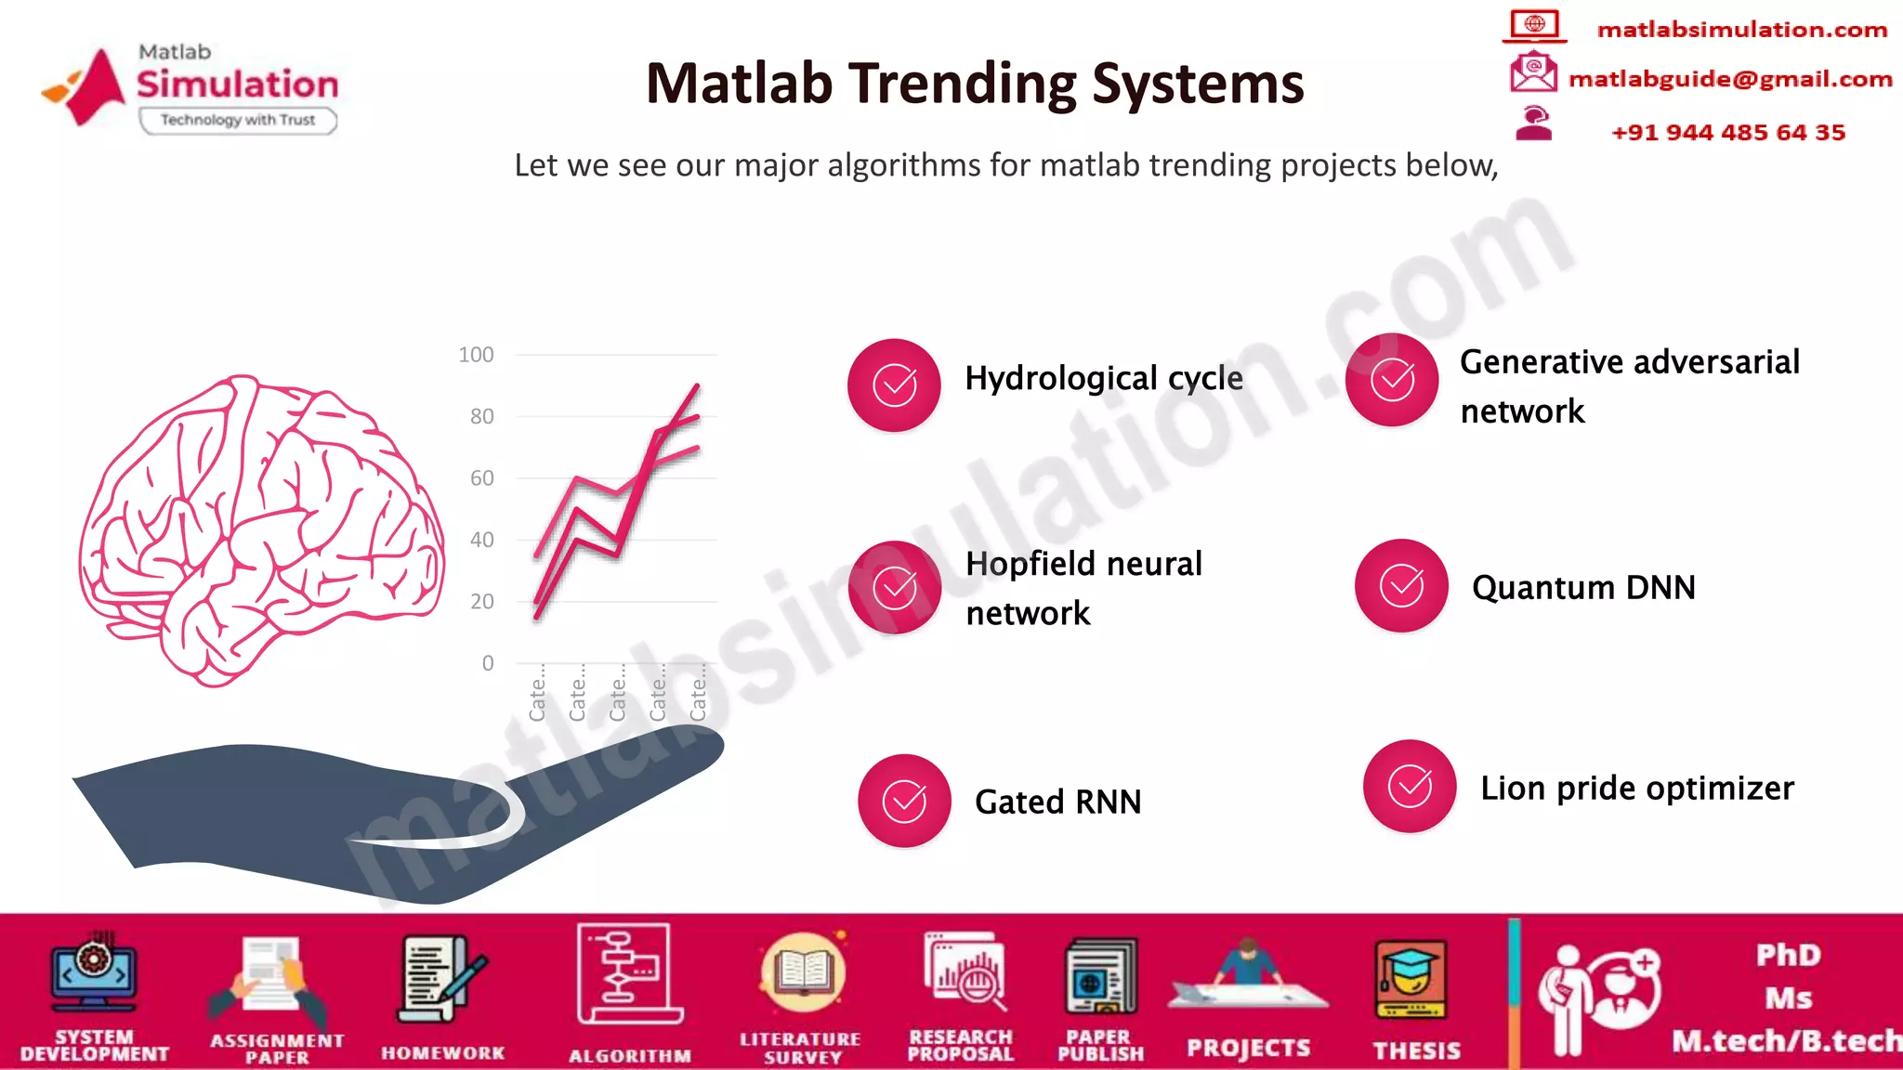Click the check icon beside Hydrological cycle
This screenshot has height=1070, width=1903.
(894, 385)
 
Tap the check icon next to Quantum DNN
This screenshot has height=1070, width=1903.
(1401, 586)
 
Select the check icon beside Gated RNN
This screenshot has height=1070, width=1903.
(904, 801)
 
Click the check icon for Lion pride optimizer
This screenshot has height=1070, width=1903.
(1410, 787)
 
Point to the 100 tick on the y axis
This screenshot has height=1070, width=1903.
(476, 355)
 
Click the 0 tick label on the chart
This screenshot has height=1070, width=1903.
(488, 663)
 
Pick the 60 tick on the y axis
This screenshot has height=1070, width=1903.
(481, 478)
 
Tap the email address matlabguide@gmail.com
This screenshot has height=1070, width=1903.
(1729, 79)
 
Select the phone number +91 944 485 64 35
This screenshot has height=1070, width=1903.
(1727, 133)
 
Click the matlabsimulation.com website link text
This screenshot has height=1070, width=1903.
(1741, 30)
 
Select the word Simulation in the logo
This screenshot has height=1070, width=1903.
(238, 85)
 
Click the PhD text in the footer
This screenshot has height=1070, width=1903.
(1788, 956)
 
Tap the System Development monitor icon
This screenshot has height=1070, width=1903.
(94, 975)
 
